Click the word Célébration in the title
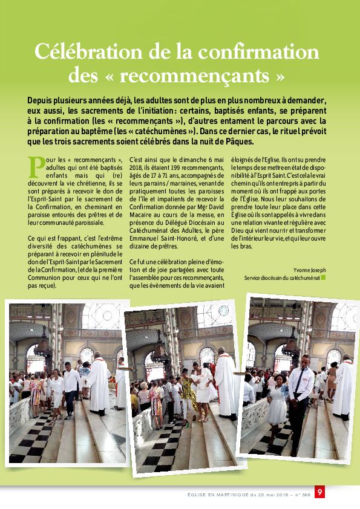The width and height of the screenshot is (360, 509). [89, 51]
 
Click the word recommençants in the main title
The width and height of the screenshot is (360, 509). [195, 76]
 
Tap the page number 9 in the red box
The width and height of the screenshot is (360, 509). [319, 492]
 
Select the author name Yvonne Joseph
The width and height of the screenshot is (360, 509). [309, 270]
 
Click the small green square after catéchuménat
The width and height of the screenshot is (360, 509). [323, 278]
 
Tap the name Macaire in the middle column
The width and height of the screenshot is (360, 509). [140, 215]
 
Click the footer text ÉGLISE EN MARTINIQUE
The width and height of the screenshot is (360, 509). [218, 495]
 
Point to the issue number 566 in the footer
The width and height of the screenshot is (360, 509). [306, 495]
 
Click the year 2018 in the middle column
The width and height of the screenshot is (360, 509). [135, 168]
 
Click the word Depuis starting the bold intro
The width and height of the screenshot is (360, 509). [40, 100]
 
